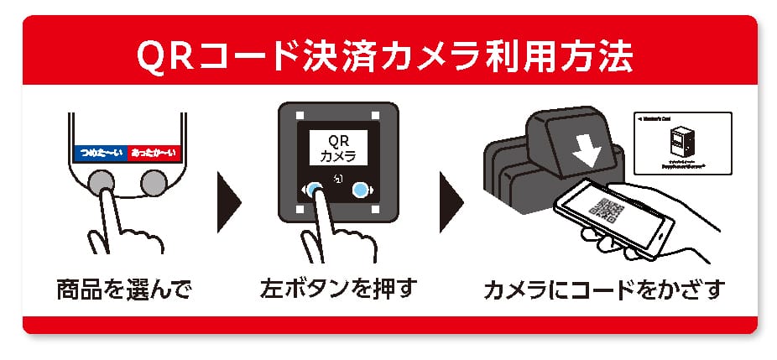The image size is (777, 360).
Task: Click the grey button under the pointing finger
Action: pyautogui.click(x=103, y=182)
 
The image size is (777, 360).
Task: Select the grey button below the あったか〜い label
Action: pyautogui.click(x=154, y=182)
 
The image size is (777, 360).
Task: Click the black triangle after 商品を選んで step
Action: pyautogui.click(x=228, y=202)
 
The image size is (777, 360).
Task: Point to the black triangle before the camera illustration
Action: pyautogui.click(x=452, y=202)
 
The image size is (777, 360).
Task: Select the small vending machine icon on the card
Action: pyautogui.click(x=685, y=139)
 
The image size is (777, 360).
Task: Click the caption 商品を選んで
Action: pyautogui.click(x=124, y=291)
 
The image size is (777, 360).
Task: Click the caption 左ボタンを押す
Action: pyautogui.click(x=339, y=291)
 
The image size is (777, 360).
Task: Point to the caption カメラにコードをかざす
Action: pyautogui.click(x=603, y=291)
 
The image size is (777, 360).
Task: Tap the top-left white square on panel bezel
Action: pyautogui.click(x=300, y=114)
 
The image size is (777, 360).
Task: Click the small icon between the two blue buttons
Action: pyautogui.click(x=338, y=179)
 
